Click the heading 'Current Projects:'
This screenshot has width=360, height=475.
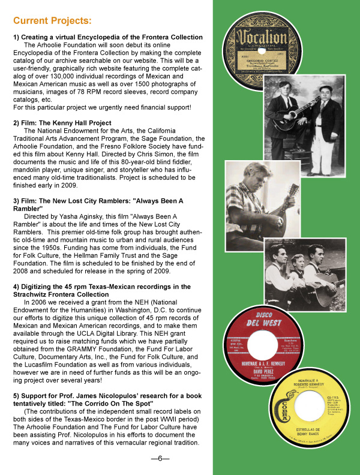[x=53, y=22]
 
